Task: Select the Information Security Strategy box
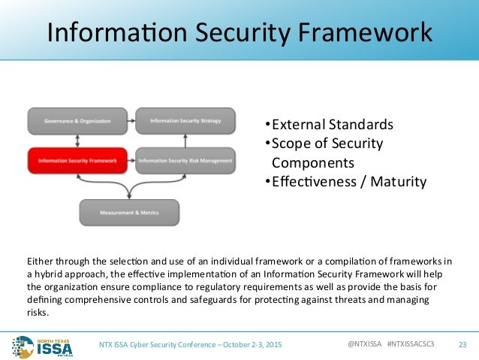pos(185,120)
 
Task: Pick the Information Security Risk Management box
pos(185,159)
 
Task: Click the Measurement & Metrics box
pos(130,213)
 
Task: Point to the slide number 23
pos(461,344)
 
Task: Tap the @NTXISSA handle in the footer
pos(365,344)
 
